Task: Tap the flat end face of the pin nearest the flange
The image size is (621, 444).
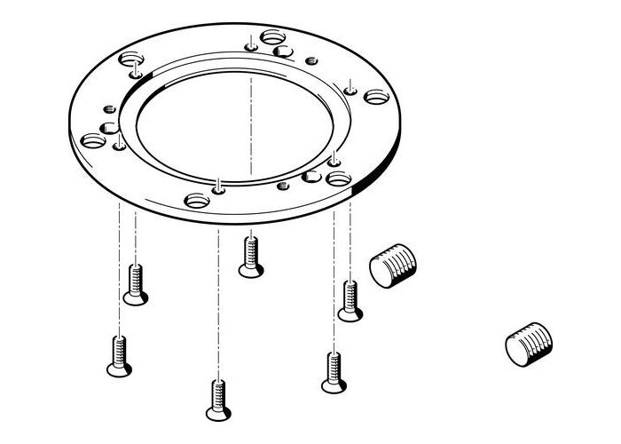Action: click(x=382, y=272)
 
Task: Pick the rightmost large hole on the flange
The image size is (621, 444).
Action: click(x=376, y=96)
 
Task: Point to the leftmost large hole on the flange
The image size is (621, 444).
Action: click(x=92, y=140)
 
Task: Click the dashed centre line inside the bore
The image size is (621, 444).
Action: click(x=252, y=124)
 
